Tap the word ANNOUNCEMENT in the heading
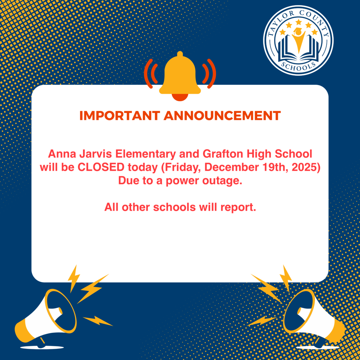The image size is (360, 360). (x=222, y=116)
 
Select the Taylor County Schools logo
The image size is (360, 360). (x=298, y=40)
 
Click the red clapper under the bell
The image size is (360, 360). (x=180, y=97)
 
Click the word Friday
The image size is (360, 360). (x=182, y=167)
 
